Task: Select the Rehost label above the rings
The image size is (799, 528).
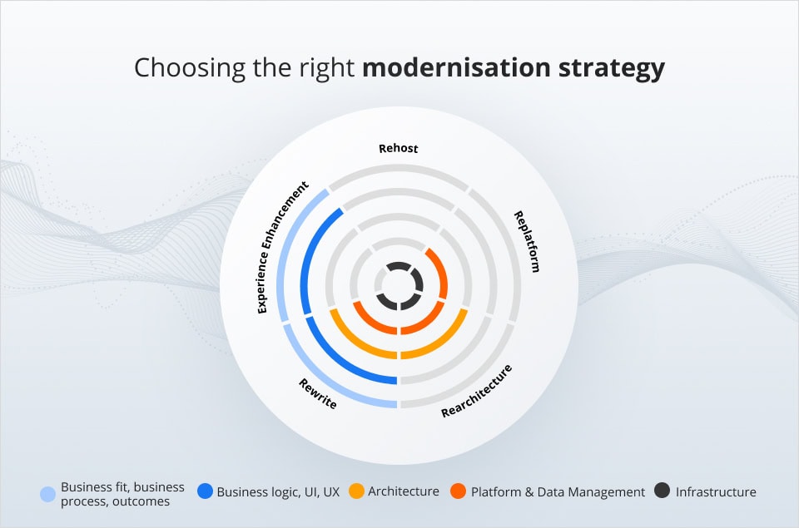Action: click(x=399, y=149)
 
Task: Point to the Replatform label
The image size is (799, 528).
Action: click(x=527, y=241)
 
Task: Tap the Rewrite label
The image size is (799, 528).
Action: click(x=318, y=393)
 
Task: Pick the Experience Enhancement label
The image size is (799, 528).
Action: click(x=283, y=247)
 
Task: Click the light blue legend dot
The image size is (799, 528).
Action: click(x=48, y=494)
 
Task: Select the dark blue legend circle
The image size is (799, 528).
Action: click(x=205, y=491)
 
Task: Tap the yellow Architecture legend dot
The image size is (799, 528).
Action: click(x=356, y=491)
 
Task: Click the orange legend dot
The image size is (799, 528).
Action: click(x=459, y=491)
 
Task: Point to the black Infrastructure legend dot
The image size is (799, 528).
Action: click(x=663, y=491)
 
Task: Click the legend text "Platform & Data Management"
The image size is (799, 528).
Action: click(x=558, y=492)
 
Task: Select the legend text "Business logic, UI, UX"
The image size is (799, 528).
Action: click(x=278, y=492)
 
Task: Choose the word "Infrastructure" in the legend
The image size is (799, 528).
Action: click(x=716, y=492)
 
